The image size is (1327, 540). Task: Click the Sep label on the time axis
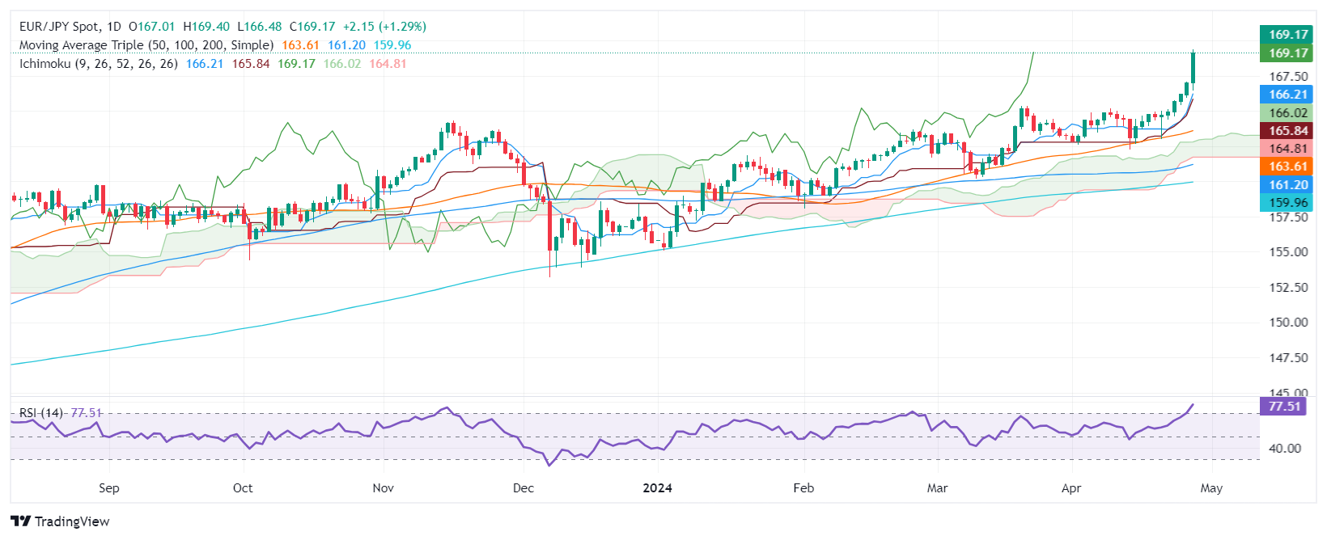[108, 488]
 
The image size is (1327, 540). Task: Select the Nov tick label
[384, 488]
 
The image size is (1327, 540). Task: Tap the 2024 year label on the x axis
[657, 488]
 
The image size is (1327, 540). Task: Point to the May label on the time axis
[1211, 488]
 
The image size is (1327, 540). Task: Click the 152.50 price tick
[1288, 287]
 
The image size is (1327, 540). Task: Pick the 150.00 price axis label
[1288, 323]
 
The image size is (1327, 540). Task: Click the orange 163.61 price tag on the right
[1287, 167]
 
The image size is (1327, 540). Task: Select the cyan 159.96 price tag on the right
[1287, 203]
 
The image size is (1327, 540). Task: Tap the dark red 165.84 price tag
[1287, 131]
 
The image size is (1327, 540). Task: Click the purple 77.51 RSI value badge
[1284, 406]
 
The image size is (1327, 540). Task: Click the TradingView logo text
[61, 521]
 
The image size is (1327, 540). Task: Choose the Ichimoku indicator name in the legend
[45, 63]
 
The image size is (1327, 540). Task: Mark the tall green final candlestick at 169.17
[1193, 67]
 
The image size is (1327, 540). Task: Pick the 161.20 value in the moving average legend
[346, 45]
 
